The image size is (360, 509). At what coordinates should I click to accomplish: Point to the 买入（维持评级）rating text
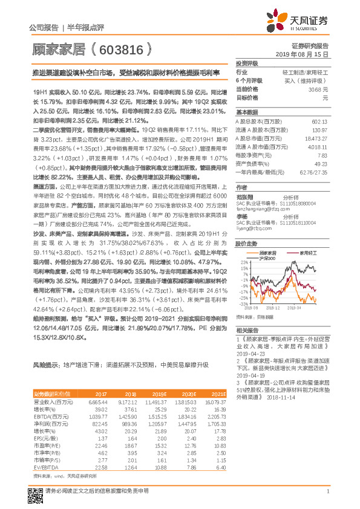(x=307, y=80)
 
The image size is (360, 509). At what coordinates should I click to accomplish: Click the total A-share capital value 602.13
(x=319, y=120)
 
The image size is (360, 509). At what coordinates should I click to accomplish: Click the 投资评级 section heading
(x=247, y=63)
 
